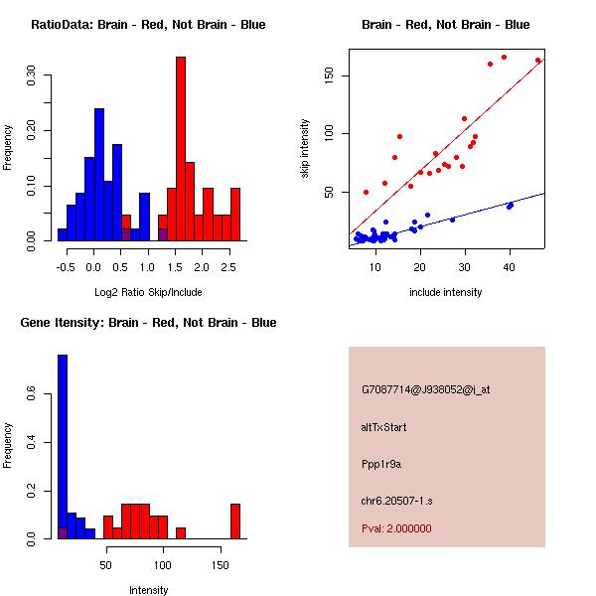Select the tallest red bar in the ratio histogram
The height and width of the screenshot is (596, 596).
(181, 149)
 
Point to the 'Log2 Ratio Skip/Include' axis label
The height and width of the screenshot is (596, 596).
(148, 291)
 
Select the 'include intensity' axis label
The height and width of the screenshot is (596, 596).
(446, 291)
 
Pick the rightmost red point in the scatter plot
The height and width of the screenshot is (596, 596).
(538, 61)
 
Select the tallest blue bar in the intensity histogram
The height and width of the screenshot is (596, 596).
(63, 447)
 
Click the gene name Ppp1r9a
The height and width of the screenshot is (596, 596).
(381, 463)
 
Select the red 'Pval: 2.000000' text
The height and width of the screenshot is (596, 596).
(396, 528)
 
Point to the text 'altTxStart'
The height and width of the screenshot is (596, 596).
(384, 427)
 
